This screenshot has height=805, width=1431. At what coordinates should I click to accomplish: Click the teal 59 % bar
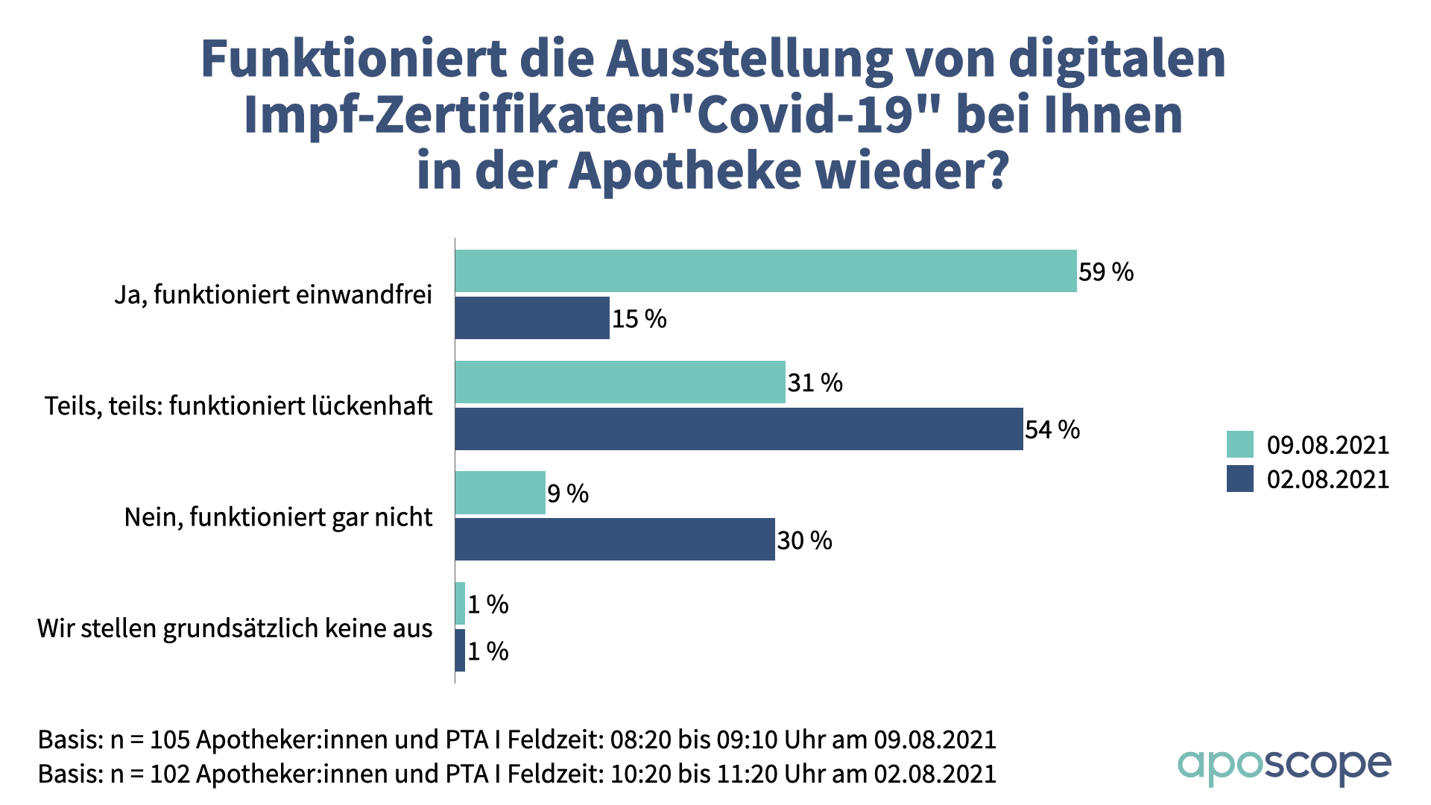pyautogui.click(x=765, y=271)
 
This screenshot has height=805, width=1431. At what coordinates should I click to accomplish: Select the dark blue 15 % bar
pyautogui.click(x=532, y=318)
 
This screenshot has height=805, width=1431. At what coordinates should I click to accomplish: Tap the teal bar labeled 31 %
pyautogui.click(x=620, y=382)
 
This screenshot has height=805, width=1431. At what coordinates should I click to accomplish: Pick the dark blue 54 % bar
pyautogui.click(x=739, y=429)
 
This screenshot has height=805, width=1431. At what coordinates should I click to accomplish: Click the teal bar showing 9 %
pyautogui.click(x=500, y=493)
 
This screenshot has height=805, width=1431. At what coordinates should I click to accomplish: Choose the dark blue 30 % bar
pyautogui.click(x=615, y=539)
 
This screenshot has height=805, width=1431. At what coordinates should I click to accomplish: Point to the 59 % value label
pyautogui.click(x=1106, y=272)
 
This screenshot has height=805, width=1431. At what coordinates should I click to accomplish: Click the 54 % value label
pyautogui.click(x=1052, y=430)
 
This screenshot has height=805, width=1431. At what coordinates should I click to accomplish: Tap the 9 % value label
pyautogui.click(x=568, y=493)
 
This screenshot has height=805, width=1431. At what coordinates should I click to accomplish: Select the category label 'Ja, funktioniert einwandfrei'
pyautogui.click(x=273, y=295)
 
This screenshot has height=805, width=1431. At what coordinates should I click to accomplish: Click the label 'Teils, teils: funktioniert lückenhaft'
pyautogui.click(x=238, y=406)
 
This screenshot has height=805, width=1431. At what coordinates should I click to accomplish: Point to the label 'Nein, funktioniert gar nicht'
pyautogui.click(x=278, y=517)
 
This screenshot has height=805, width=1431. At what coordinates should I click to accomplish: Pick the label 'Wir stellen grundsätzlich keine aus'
pyautogui.click(x=235, y=628)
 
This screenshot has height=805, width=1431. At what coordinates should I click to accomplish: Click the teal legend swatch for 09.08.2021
pyautogui.click(x=1239, y=444)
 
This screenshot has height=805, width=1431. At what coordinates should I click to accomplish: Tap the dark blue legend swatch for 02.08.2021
pyautogui.click(x=1239, y=479)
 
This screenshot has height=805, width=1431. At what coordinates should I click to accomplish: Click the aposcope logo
pyautogui.click(x=1283, y=765)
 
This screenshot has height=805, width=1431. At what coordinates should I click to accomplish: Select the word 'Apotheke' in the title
pyautogui.click(x=686, y=171)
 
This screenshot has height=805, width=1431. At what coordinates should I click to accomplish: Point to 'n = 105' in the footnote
pyautogui.click(x=149, y=740)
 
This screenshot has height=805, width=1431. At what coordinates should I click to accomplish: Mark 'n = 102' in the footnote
pyautogui.click(x=149, y=774)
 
